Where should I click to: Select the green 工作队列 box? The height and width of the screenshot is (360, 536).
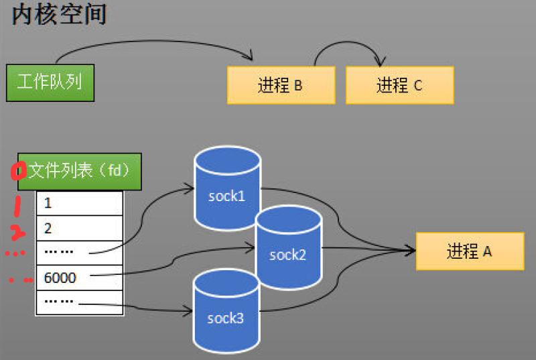pyautogui.click(x=50, y=82)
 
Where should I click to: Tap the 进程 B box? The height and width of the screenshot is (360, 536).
pyautogui.click(x=281, y=85)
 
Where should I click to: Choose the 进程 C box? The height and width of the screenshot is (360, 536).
pyautogui.click(x=399, y=85)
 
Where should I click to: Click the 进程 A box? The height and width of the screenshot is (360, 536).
pyautogui.click(x=469, y=251)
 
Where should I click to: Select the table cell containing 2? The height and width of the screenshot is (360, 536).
pyautogui.click(x=79, y=228)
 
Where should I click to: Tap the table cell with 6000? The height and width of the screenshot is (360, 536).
pyautogui.click(x=79, y=277)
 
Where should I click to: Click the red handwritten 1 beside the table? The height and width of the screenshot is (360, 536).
pyautogui.click(x=17, y=206)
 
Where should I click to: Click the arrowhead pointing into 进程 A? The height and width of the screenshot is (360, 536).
pyautogui.click(x=410, y=251)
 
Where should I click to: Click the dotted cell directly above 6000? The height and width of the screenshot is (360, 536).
pyautogui.click(x=79, y=253)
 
